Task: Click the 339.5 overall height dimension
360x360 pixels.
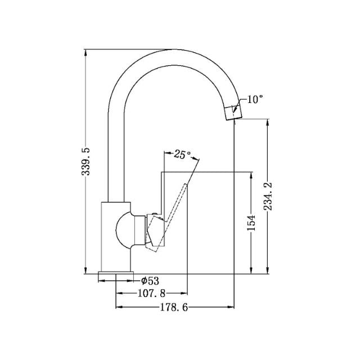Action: (86, 160)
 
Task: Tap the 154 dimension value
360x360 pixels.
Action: (251, 223)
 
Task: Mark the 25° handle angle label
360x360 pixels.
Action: (182, 154)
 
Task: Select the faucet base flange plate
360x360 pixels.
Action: (116, 276)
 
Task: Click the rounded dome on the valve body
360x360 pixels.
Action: (125, 231)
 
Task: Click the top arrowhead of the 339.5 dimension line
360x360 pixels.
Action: (86, 52)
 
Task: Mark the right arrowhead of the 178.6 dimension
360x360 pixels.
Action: (231, 308)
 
